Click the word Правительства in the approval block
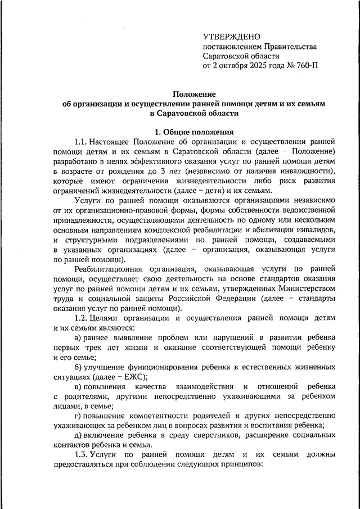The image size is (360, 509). coord(289,46)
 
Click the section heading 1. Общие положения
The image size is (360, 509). coord(195,132)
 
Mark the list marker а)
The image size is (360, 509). coord(78,337)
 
